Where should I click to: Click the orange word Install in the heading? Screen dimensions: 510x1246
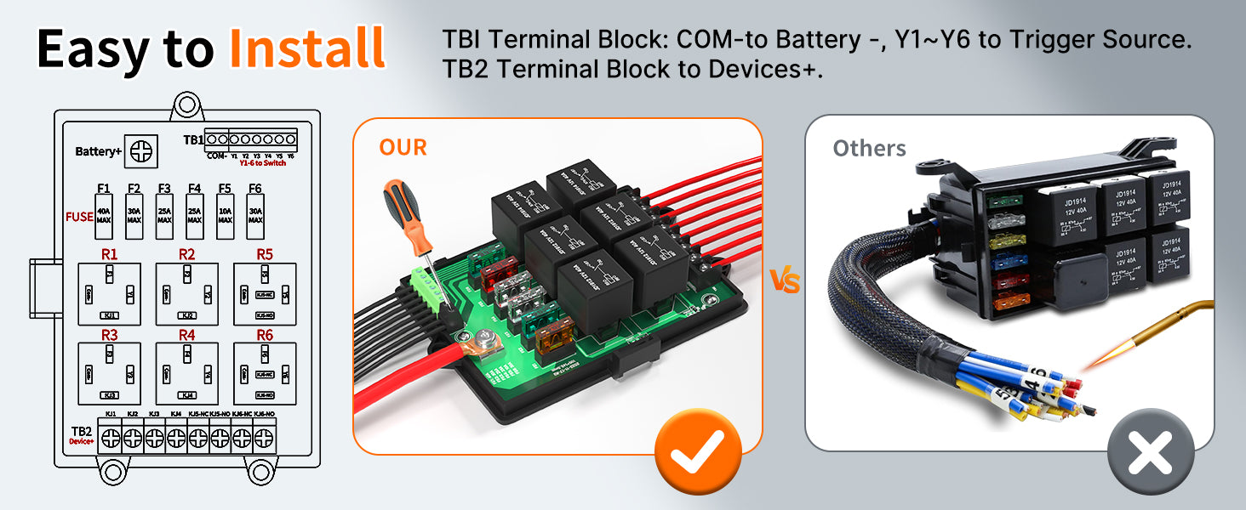(307, 48)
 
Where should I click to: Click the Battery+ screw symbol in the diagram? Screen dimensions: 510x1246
(141, 150)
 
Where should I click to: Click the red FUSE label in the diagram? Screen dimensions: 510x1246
(79, 217)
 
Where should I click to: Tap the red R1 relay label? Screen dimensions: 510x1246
(109, 254)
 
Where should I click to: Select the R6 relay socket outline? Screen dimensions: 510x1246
(265, 371)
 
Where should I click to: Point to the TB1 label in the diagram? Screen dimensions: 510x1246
(193, 140)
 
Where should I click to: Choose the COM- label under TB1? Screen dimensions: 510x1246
(216, 156)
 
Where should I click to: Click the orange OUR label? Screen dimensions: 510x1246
(403, 147)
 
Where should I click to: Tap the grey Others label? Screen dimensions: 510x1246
(869, 149)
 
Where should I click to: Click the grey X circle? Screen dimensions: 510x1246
(1151, 451)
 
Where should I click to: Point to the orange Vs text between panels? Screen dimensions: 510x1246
(784, 281)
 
